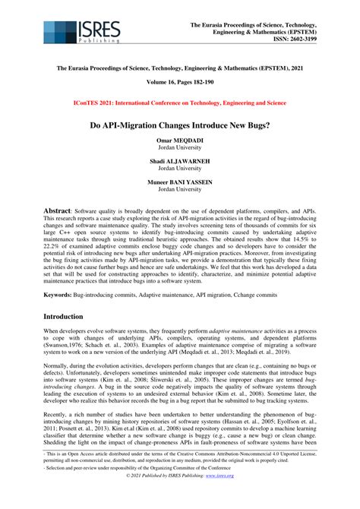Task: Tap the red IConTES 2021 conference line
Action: [179, 102]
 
